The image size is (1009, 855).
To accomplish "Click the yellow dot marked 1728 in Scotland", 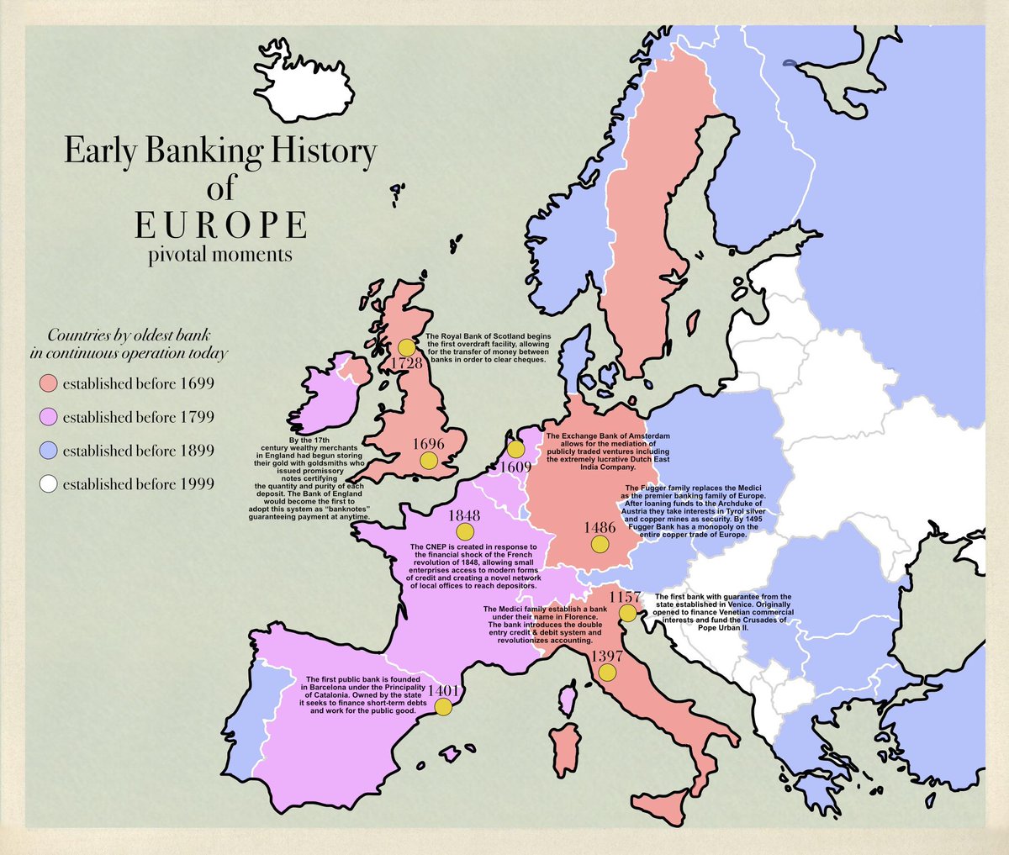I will click(x=407, y=347).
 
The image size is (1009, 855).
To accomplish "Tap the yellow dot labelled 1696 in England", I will click(x=429, y=460).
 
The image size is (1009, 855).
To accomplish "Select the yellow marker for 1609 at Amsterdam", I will click(x=515, y=450).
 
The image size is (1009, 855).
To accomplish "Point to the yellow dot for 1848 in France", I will click(x=464, y=532).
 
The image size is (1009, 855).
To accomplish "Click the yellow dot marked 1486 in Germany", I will click(x=600, y=544).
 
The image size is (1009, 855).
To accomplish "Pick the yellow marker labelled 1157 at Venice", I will click(x=627, y=614).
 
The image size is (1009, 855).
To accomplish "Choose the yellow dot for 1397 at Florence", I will click(x=607, y=673).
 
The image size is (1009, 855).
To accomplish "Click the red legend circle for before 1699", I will click(x=49, y=384).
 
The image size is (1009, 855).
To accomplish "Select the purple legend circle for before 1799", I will click(x=49, y=417).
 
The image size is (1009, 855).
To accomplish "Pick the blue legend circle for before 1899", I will click(x=49, y=451).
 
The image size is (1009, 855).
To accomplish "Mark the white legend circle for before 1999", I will click(x=49, y=484).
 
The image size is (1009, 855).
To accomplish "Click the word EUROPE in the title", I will click(x=220, y=225).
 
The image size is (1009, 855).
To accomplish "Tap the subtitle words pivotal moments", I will click(x=220, y=253).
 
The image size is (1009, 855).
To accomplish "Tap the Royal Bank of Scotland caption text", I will click(x=486, y=347).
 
